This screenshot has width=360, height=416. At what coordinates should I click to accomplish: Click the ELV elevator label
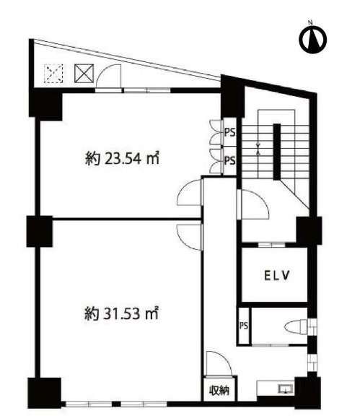275,274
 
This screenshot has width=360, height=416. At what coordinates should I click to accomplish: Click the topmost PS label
229,132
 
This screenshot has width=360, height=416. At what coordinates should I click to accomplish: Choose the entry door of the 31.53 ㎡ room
189,233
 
